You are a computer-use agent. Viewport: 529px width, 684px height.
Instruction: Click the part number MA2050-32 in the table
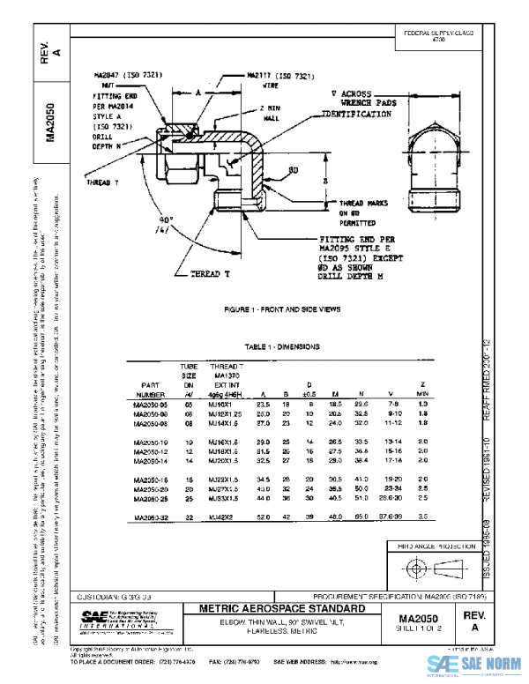point(151,517)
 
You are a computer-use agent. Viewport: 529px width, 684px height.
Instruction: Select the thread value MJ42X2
point(222,517)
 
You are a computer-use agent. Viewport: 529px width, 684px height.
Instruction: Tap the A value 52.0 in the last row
point(262,517)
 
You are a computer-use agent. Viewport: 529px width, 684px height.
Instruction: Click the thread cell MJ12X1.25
point(226,413)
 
